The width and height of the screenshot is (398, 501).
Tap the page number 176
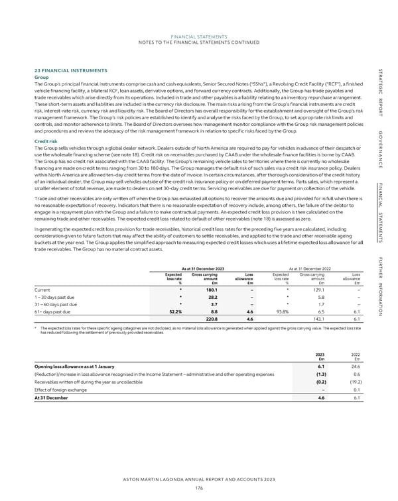click(x=198, y=488)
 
